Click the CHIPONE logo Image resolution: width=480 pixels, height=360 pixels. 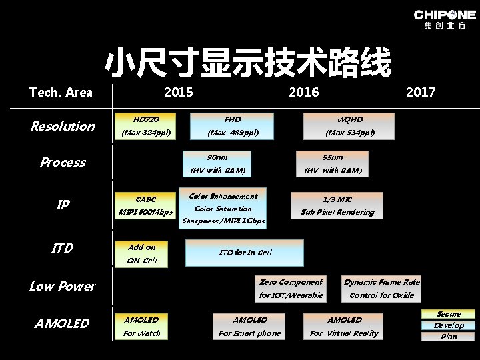444,19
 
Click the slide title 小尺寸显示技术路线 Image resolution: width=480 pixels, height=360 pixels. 247,63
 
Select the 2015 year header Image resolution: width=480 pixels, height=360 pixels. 178,92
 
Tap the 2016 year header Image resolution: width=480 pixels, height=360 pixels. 303,92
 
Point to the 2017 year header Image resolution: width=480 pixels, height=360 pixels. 420,92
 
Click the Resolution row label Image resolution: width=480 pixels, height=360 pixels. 63,126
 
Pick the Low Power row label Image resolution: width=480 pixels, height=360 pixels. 62,286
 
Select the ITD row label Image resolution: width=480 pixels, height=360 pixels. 62,248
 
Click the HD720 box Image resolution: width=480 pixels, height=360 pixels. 146,126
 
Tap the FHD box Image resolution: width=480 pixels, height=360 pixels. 232,126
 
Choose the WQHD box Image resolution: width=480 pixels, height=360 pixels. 349,126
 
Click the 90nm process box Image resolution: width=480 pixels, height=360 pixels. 217,164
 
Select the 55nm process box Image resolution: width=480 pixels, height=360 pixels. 332,164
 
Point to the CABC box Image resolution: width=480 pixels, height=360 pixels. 145,205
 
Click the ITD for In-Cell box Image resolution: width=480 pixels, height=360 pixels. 244,253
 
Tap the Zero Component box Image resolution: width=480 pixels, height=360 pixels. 291,288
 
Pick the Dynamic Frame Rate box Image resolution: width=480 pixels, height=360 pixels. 382,288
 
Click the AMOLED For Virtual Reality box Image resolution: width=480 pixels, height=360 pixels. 344,326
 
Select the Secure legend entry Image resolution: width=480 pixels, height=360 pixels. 448,314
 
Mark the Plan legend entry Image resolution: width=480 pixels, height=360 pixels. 448,337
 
